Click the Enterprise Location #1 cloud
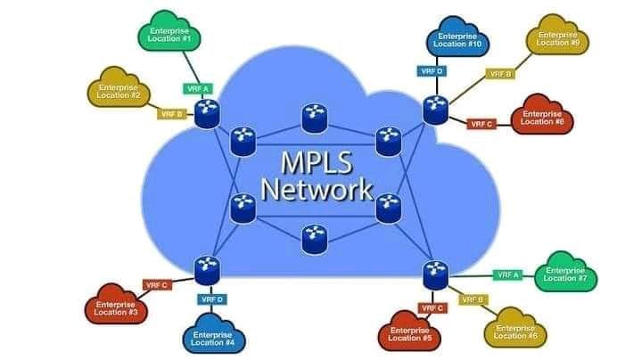(170, 35)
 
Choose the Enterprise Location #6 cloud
(514, 331)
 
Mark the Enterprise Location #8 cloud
(542, 117)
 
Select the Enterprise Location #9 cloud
(558, 39)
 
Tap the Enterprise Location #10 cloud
(461, 39)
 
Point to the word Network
(316, 190)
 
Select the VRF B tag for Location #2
(171, 114)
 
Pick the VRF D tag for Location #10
(431, 70)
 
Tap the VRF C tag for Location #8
(481, 124)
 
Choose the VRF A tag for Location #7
(506, 274)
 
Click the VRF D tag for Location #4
(212, 299)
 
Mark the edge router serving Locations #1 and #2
(208, 110)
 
